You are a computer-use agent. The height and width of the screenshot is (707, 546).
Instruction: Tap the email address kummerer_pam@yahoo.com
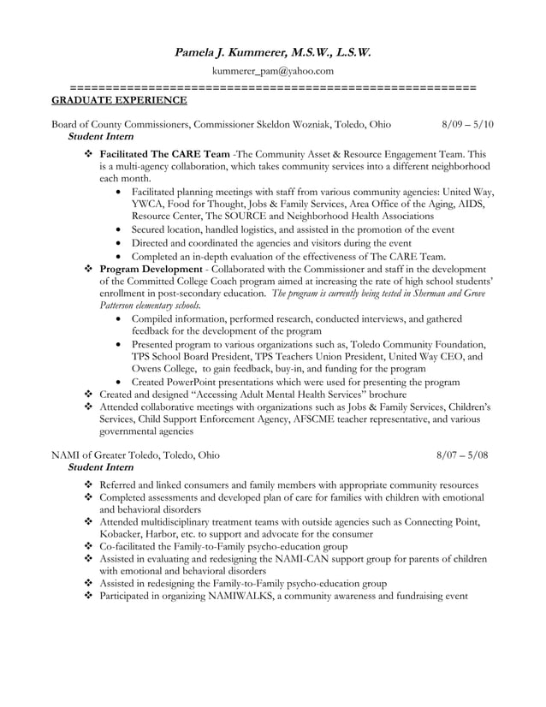pos(273,71)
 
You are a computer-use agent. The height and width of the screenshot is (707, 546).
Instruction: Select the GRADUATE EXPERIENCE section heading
pos(119,101)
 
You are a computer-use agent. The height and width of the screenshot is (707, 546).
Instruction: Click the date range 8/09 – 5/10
pos(467,125)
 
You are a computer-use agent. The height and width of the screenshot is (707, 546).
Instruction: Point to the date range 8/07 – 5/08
pos(462,455)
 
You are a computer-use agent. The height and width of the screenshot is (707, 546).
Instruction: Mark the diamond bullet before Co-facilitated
pos(88,545)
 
